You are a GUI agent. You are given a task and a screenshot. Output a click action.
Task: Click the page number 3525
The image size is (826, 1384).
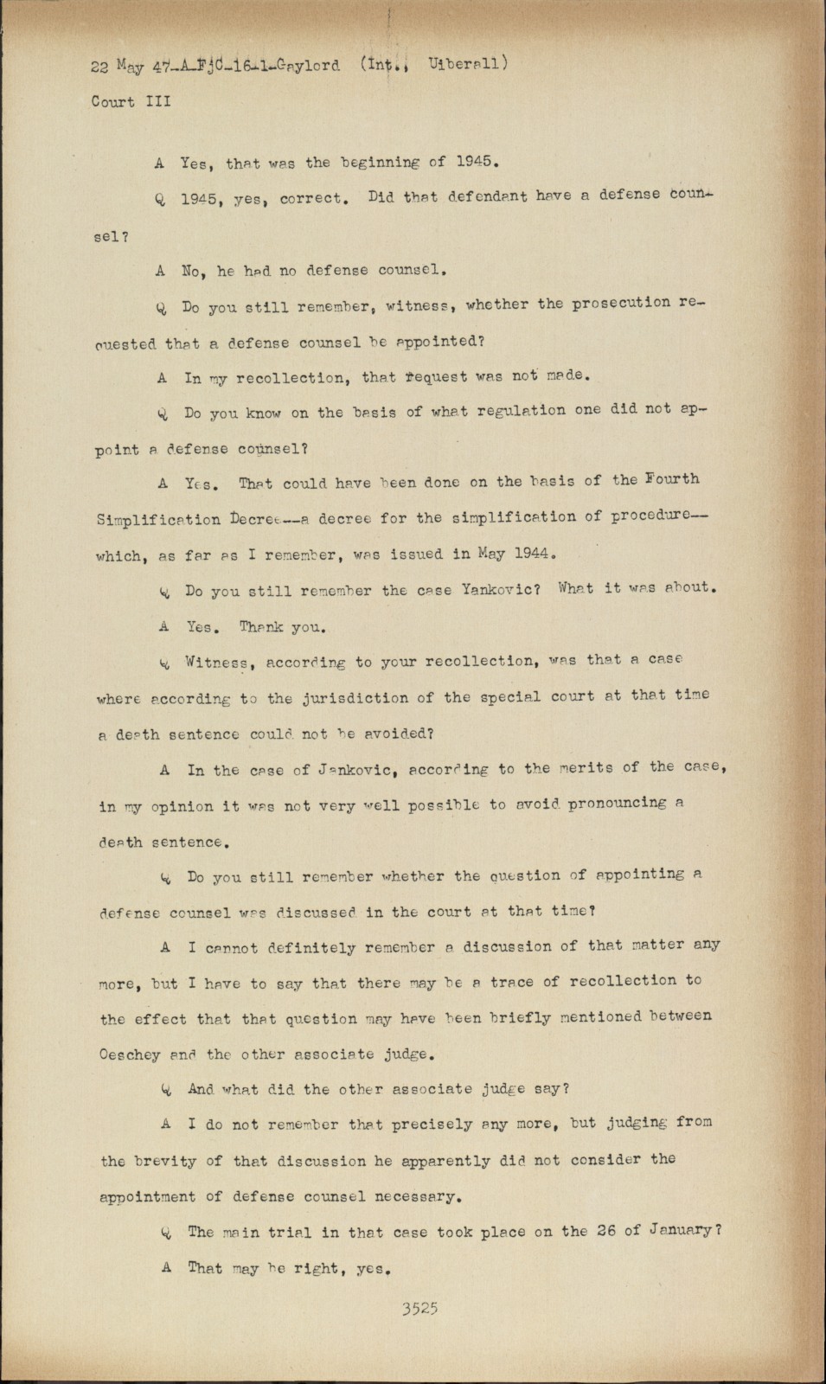point(419,1309)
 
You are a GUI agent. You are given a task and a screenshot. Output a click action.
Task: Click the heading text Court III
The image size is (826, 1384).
point(131,101)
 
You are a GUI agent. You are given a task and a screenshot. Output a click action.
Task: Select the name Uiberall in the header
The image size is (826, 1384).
point(465,63)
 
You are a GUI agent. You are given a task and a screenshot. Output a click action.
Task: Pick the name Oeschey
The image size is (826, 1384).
point(138,1054)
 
